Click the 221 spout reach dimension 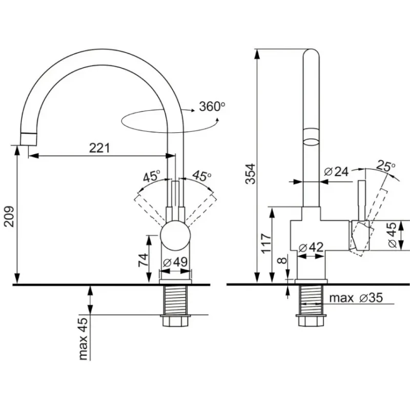point(99,148)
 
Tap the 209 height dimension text point(9,217)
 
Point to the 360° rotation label point(212,107)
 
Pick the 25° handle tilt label point(386,166)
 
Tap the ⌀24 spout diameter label point(336,172)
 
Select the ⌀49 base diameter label point(175,262)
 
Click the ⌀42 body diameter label point(311,248)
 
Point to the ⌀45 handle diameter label point(393,235)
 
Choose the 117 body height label point(266,243)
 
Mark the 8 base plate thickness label point(282,260)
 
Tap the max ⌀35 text point(356,298)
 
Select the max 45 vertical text point(83,339)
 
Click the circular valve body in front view point(175,235)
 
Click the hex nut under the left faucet point(175,321)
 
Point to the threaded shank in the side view point(311,300)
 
